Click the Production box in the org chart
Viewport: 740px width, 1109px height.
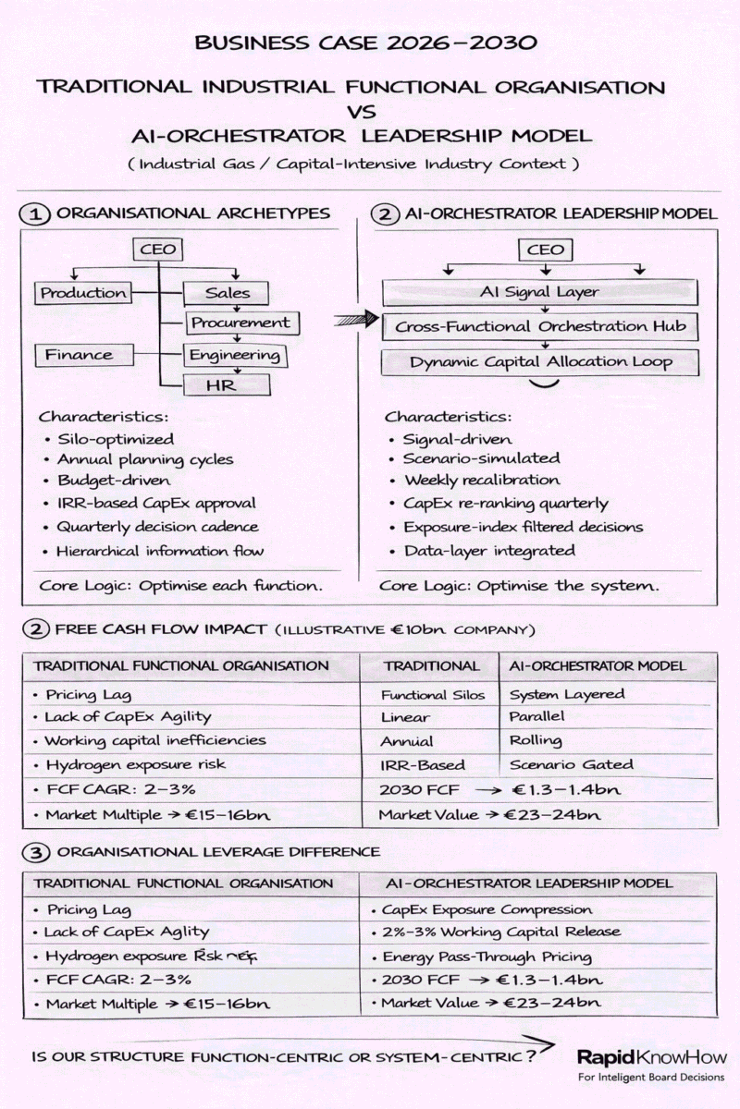[x=83, y=293]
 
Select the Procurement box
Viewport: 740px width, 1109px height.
[x=240, y=323]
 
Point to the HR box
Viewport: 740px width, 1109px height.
[x=227, y=384]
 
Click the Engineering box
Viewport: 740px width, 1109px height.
[x=234, y=355]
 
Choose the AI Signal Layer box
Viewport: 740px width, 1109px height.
[x=539, y=292]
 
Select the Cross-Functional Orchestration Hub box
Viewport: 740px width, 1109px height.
[x=541, y=326]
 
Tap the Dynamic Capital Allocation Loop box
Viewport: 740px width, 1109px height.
[x=541, y=360]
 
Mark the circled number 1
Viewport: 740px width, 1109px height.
[x=35, y=213]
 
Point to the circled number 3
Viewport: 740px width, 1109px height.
[x=35, y=851]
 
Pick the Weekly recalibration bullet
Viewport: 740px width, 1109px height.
[x=481, y=480]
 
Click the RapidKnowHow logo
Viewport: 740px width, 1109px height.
[x=651, y=1059]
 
